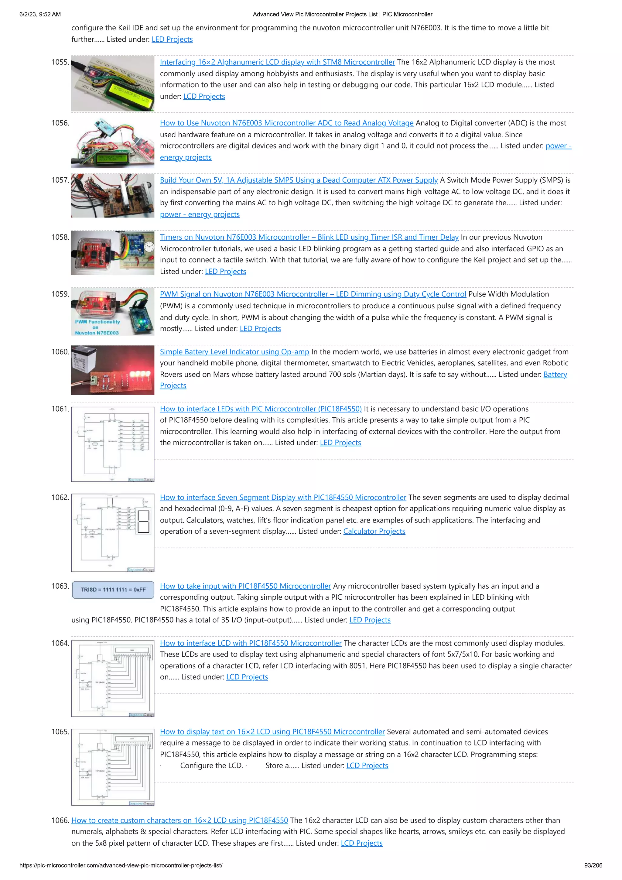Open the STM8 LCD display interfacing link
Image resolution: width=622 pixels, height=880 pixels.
point(277,62)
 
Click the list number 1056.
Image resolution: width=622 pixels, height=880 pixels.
point(60,123)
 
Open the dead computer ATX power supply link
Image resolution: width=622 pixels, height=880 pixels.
point(299,180)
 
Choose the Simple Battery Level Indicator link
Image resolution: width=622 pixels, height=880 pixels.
point(234,352)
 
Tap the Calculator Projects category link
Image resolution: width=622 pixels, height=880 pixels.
point(374,531)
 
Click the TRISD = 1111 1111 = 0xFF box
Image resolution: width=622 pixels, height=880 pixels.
point(113,590)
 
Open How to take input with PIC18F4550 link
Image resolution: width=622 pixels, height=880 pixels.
point(245,586)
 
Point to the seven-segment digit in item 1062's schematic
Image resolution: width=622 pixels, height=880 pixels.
point(143,521)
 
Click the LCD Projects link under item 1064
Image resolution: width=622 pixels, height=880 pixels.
point(247,677)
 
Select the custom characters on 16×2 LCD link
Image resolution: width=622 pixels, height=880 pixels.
point(179,820)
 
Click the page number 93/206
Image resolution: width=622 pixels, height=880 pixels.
point(593,865)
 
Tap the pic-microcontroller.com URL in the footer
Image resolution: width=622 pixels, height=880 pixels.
point(121,865)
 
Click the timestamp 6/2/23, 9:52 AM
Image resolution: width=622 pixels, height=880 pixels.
point(40,14)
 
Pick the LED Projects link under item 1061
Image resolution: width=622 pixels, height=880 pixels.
point(340,443)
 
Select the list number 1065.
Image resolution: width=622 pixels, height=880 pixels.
point(60,732)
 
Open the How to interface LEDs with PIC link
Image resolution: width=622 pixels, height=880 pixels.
point(261,409)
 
